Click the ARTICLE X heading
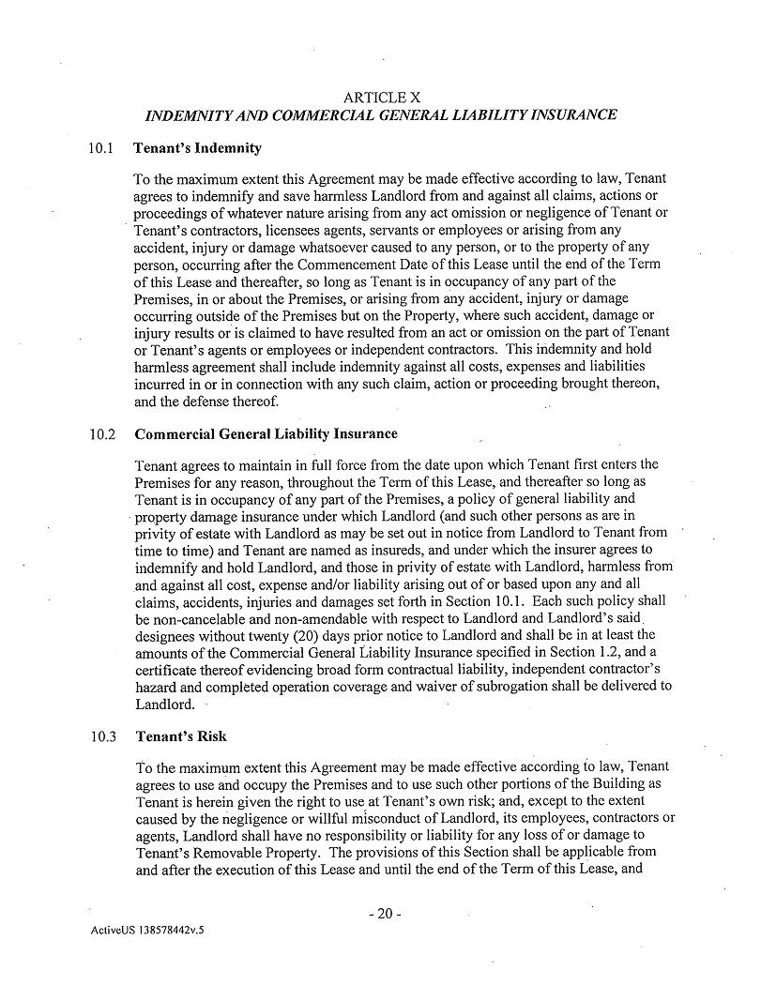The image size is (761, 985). [381, 97]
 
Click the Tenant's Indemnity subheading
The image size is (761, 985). [197, 148]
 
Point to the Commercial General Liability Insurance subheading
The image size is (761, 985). [266, 434]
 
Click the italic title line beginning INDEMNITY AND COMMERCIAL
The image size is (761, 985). [381, 115]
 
